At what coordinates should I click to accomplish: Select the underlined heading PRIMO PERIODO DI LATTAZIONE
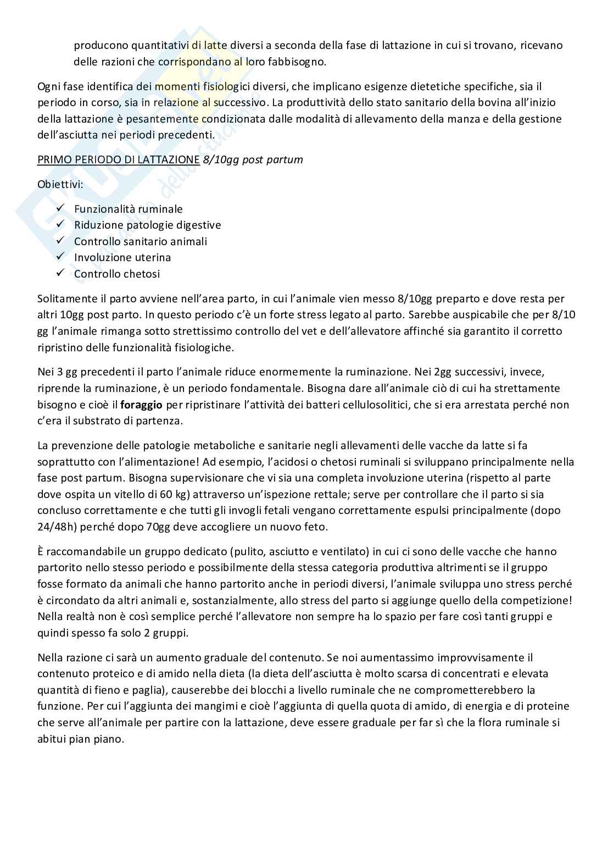click(118, 160)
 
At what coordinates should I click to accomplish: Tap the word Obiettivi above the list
click(60, 184)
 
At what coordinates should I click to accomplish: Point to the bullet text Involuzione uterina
click(122, 257)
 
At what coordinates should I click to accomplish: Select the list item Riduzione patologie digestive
click(147, 225)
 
